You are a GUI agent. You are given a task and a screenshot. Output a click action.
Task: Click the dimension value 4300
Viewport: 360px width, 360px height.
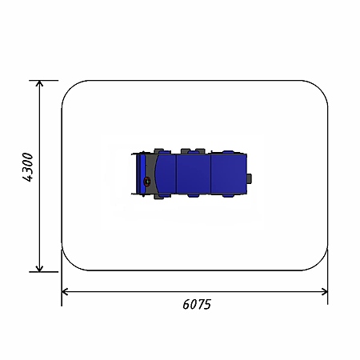[x=28, y=167]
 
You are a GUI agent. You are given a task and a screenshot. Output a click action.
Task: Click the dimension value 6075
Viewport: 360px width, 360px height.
[x=197, y=304]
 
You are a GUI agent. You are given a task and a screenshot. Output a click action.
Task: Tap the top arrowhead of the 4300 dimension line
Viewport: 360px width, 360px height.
[x=39, y=83]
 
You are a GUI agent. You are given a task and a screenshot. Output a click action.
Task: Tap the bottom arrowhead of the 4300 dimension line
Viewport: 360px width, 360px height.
[x=39, y=269]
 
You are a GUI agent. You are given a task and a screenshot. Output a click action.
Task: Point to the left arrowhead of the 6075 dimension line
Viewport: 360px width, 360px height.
[x=65, y=292]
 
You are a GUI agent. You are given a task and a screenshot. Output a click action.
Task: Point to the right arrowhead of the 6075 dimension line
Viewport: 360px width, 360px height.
[x=325, y=292]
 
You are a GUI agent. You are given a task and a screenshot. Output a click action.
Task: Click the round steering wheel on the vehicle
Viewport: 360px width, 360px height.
[x=147, y=182]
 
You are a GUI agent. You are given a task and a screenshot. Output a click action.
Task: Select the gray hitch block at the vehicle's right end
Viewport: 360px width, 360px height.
[x=249, y=178]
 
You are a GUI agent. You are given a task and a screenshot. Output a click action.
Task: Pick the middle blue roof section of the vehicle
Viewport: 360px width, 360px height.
[x=194, y=174]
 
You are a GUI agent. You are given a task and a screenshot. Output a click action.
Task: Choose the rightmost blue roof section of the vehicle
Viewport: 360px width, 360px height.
[x=229, y=174]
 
